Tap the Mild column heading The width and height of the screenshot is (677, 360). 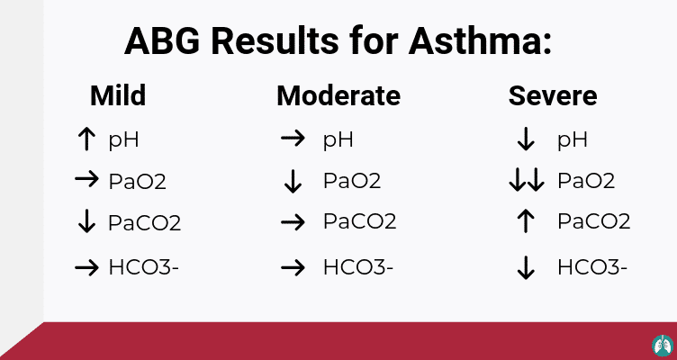pyautogui.click(x=118, y=95)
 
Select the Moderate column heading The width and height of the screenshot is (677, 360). pyautogui.click(x=338, y=95)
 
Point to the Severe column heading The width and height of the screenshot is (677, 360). pyautogui.click(x=553, y=95)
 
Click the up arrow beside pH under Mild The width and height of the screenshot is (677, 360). pyautogui.click(x=86, y=139)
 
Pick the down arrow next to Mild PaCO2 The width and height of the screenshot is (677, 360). pyautogui.click(x=86, y=221)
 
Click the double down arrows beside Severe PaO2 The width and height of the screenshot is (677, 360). pyautogui.click(x=527, y=180)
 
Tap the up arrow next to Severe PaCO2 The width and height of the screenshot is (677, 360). pyautogui.click(x=526, y=221)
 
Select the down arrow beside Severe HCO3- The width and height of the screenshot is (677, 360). pyautogui.click(x=526, y=267)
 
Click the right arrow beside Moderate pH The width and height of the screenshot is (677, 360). pyautogui.click(x=293, y=139)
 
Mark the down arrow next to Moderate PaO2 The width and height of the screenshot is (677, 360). pyautogui.click(x=293, y=182)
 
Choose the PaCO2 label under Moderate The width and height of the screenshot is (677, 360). pyautogui.click(x=360, y=222)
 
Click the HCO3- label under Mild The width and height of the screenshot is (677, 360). pyautogui.click(x=143, y=267)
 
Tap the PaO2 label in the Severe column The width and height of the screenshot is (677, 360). pyautogui.click(x=586, y=181)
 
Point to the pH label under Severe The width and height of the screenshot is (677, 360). pyautogui.click(x=572, y=140)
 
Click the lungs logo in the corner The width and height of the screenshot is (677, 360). pyautogui.click(x=663, y=346)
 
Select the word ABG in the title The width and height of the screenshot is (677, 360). pyautogui.click(x=162, y=41)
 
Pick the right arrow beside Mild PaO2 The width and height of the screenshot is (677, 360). pyautogui.click(x=86, y=178)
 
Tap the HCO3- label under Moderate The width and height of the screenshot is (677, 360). pyautogui.click(x=358, y=267)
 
